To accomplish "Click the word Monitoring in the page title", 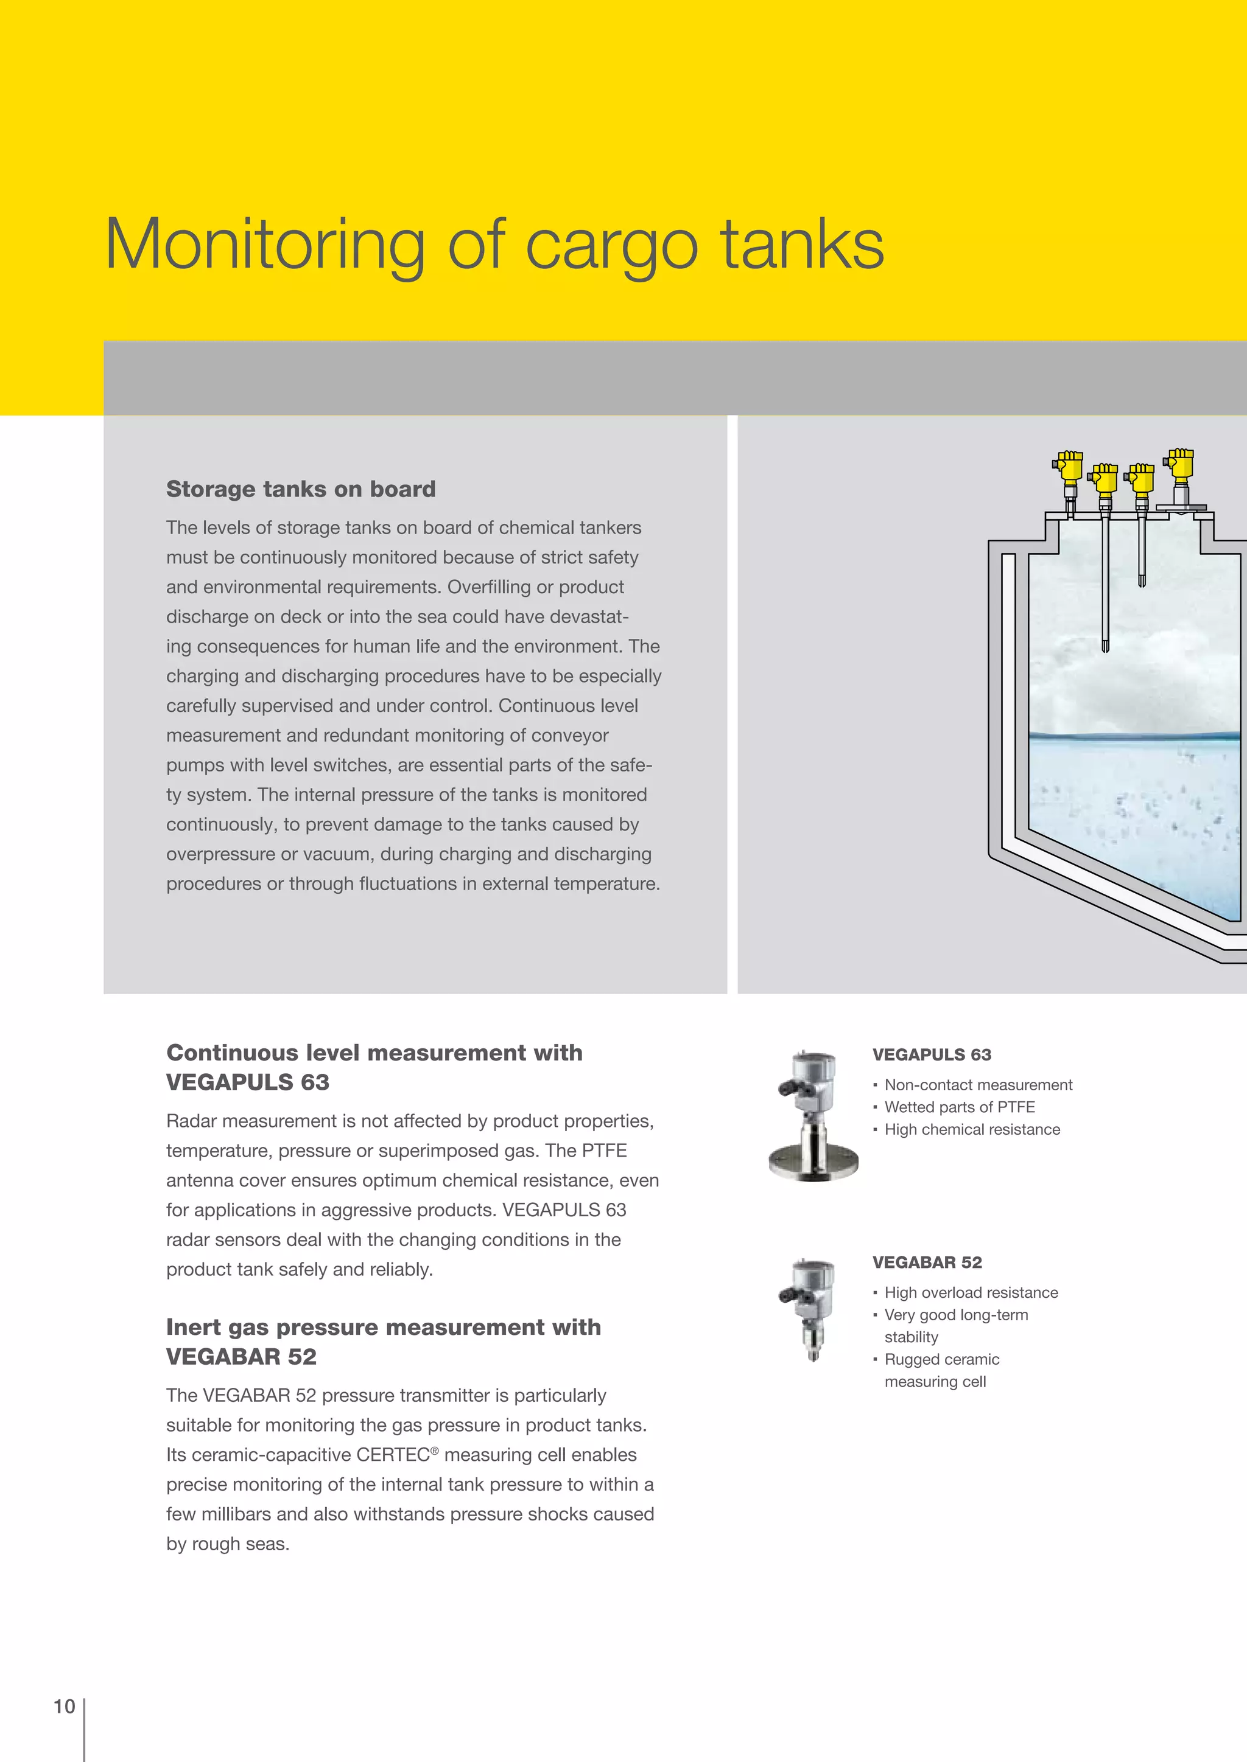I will [x=265, y=246].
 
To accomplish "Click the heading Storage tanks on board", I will [x=300, y=489].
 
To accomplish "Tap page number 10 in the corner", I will [x=64, y=1706].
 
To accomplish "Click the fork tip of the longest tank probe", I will [x=1105, y=645].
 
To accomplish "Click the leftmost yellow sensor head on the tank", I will [x=1069, y=466].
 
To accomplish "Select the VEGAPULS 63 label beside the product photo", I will [x=932, y=1054].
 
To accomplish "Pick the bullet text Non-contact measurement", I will [x=977, y=1084].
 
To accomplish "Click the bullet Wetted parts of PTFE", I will [x=959, y=1107].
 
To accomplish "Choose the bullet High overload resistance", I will [x=971, y=1292].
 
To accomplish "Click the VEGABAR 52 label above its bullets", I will [x=927, y=1262].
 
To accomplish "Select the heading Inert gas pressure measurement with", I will [x=383, y=1327].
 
